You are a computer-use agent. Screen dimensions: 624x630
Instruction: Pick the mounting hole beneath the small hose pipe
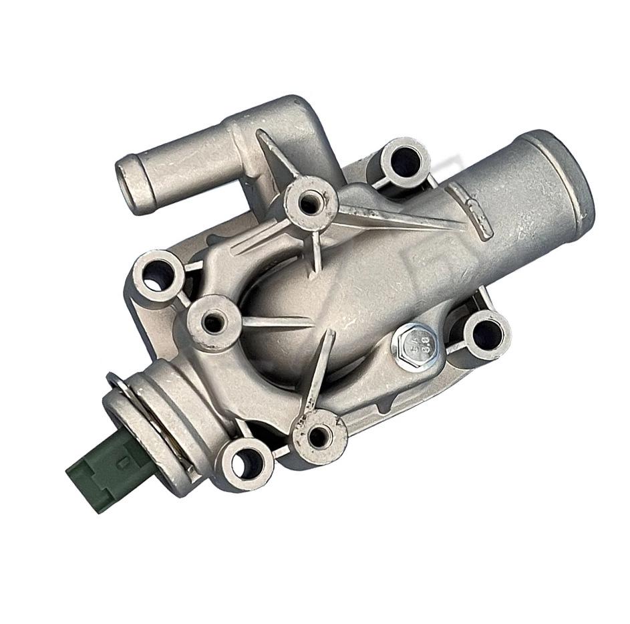pos(157,274)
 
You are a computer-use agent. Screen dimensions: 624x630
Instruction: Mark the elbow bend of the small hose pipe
pos(294,124)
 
